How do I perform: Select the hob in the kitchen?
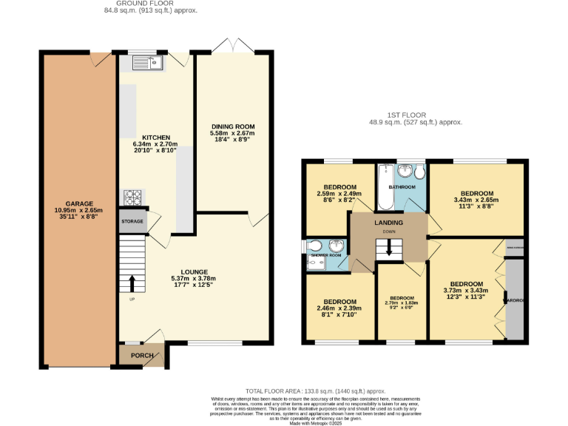tap(132, 197)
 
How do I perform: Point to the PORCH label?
tap(142, 356)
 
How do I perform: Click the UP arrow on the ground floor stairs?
tap(132, 283)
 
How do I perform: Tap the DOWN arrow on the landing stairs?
tap(389, 252)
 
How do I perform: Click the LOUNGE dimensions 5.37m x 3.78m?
tap(191, 279)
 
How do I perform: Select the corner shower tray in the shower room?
tap(337, 247)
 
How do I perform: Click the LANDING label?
tap(389, 223)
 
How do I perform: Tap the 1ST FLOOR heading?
tap(415, 115)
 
